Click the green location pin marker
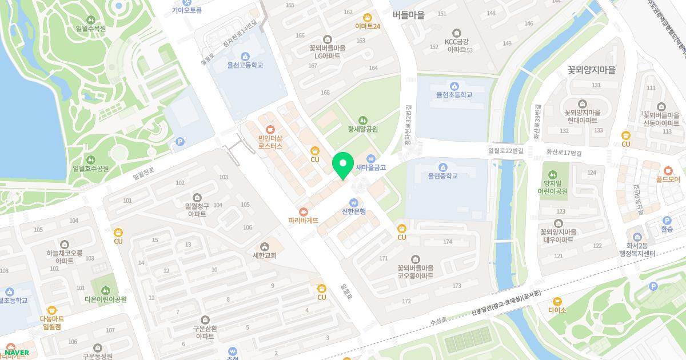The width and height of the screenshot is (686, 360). pos(342,166)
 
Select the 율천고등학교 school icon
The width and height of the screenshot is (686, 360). pos(245,56)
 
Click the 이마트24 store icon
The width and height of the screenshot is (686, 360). pos(368,17)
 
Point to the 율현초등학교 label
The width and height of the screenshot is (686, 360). pos(454,94)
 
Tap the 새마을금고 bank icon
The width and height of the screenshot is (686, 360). pos(370,158)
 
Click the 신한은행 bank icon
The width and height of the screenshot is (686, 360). pos(353,202)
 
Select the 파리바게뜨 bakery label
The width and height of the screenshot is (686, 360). pos(303,220)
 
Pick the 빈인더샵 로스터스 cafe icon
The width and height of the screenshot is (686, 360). pos(270,129)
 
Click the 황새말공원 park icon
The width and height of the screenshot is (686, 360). pos(363,120)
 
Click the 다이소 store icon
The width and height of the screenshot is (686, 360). pos(557,301)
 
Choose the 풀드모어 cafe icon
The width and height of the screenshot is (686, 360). pos(668,170)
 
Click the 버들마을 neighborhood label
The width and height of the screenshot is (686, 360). pos(409,15)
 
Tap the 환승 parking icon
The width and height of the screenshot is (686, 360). pos(667,221)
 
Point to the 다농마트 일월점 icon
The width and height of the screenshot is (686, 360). pos(52,309)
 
